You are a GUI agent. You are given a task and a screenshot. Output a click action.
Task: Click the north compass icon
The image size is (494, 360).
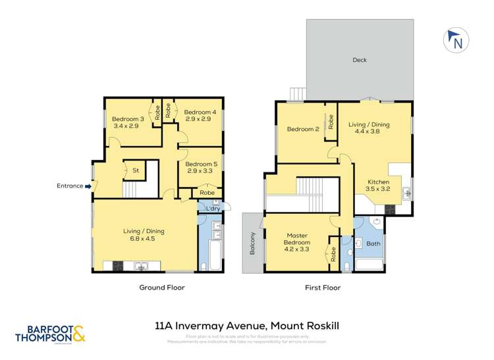(455, 41)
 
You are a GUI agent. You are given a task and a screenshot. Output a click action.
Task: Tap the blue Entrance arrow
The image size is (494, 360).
(88, 186)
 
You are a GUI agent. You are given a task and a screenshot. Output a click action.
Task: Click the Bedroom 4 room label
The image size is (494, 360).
(196, 112)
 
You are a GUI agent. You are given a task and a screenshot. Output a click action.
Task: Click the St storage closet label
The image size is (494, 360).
(136, 170)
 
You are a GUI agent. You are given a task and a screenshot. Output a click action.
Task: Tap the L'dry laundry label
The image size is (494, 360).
(212, 209)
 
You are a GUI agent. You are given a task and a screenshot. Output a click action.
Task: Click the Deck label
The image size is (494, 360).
(359, 60)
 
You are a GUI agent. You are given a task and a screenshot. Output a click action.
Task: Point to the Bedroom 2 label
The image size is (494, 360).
(303, 130)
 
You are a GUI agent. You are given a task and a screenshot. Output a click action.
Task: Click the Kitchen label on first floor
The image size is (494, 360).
(378, 182)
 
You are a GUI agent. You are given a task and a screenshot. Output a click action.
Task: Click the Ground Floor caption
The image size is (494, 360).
(161, 288)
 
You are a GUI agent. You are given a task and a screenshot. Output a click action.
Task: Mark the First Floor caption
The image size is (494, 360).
(322, 288)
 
